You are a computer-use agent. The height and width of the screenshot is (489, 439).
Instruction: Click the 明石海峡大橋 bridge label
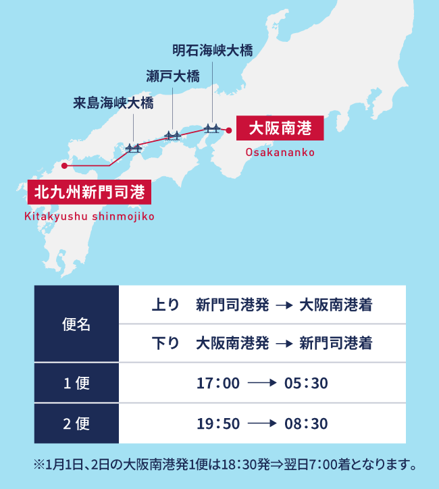213,51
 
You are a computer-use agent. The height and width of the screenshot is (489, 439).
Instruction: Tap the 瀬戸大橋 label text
173,76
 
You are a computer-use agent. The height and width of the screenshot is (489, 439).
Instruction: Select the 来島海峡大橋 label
113,103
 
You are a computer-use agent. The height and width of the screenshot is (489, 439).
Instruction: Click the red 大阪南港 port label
280,127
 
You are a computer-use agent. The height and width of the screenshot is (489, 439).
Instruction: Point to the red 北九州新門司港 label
90,192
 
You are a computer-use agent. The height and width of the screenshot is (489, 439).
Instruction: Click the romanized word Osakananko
280,153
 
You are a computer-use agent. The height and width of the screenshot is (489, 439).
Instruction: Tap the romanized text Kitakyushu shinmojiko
90,217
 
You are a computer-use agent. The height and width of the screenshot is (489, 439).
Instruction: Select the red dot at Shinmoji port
63,165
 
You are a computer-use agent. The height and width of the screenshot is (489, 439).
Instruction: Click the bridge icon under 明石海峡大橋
213,127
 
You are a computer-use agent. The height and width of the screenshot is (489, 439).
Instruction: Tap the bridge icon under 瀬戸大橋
173,136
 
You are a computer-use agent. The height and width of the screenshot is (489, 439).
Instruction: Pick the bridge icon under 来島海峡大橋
133,147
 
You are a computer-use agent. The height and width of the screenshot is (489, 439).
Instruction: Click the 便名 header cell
76,324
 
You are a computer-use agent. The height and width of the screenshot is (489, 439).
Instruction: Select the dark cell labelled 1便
76,383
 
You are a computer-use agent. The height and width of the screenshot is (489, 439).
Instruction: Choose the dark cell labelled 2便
76,423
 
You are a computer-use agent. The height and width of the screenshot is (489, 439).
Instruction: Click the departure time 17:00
218,384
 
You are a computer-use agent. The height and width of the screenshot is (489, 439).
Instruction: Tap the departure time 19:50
218,424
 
